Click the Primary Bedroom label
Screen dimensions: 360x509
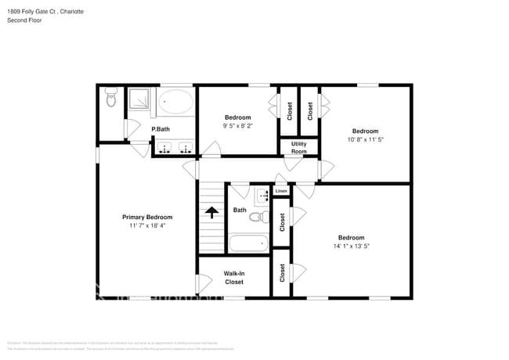147,217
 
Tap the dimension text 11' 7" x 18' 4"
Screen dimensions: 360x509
147,225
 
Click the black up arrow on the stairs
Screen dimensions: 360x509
211,211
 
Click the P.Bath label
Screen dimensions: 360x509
161,129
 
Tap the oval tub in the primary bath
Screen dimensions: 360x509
175,103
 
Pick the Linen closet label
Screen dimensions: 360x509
281,191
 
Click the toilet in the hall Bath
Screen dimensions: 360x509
264,217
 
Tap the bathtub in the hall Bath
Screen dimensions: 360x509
248,243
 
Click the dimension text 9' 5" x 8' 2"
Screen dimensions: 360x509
237,126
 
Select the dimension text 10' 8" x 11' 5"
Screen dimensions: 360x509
365,139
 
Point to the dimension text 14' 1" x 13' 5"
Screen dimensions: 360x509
351,246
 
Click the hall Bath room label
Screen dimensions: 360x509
240,210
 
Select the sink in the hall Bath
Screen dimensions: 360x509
262,193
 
